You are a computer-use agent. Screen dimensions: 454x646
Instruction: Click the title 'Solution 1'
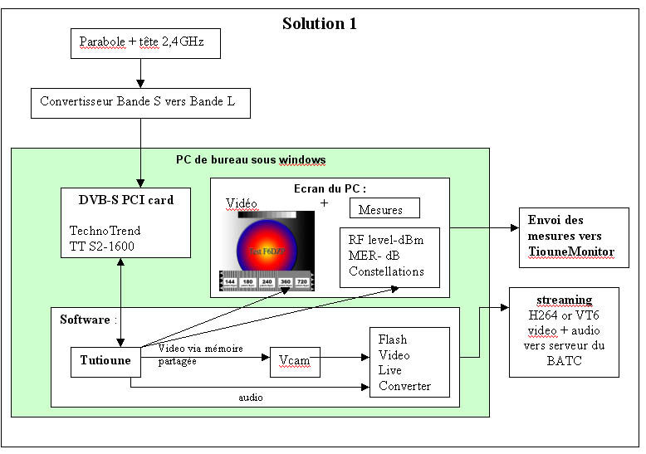(320, 22)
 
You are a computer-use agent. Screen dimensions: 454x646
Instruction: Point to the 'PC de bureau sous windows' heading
(251, 159)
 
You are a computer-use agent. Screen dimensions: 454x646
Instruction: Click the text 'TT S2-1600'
(101, 247)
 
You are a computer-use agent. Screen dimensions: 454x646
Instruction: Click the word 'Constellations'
(386, 271)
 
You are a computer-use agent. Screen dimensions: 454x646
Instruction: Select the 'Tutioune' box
(105, 359)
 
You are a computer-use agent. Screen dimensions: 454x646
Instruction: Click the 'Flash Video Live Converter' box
(409, 363)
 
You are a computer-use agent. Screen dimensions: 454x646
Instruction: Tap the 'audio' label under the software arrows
(251, 398)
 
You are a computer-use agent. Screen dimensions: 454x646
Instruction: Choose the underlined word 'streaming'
(564, 300)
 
